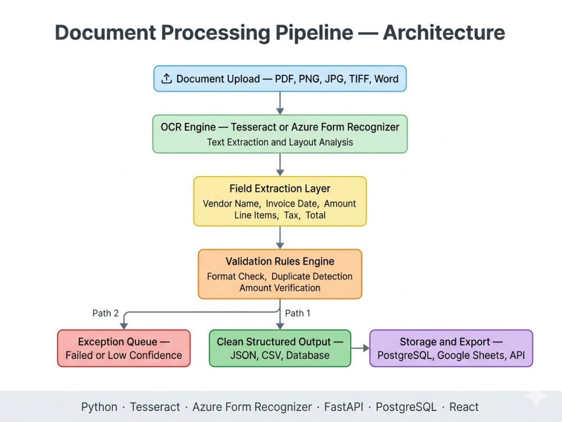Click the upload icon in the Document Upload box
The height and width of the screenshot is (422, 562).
pyautogui.click(x=166, y=79)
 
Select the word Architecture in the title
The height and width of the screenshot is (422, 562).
pyautogui.click(x=444, y=33)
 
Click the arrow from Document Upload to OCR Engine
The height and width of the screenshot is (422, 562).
pyautogui.click(x=280, y=104)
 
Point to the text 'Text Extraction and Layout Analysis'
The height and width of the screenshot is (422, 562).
pyautogui.click(x=280, y=142)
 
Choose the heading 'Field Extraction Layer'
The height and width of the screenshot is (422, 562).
pyautogui.click(x=280, y=188)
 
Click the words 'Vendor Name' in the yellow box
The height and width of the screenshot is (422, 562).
pyautogui.click(x=232, y=204)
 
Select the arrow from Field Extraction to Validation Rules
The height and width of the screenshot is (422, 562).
pyautogui.click(x=280, y=237)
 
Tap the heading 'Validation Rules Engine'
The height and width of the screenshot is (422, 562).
pyautogui.click(x=280, y=261)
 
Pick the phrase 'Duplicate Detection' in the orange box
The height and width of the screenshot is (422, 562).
pyautogui.click(x=312, y=276)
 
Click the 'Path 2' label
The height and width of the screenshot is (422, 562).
pyautogui.click(x=106, y=313)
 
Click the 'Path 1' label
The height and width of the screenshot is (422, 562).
pyautogui.click(x=297, y=313)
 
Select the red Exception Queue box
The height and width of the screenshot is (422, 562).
pyautogui.click(x=124, y=348)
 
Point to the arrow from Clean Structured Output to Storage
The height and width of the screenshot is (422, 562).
pyautogui.click(x=360, y=348)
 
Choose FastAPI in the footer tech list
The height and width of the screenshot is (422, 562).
pyautogui.click(x=344, y=407)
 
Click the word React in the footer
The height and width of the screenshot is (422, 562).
pyautogui.click(x=464, y=407)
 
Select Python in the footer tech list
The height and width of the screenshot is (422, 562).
pyautogui.click(x=99, y=407)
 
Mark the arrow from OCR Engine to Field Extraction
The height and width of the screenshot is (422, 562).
pyautogui.click(x=280, y=165)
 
